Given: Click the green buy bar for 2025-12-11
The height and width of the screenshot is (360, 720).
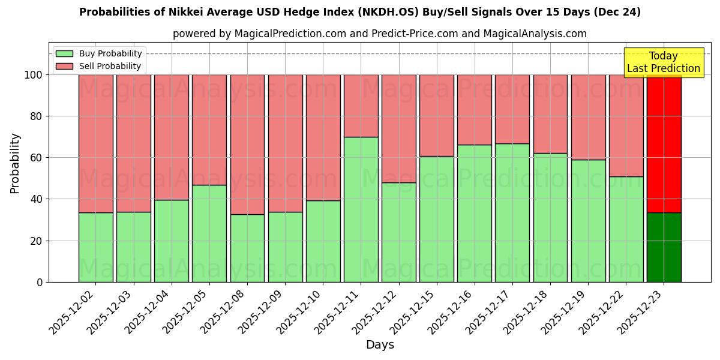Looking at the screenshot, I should [x=361, y=209].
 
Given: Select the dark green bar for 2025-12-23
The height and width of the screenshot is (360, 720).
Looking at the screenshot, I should [x=664, y=247].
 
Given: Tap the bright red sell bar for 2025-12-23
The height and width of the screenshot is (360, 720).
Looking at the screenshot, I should [x=664, y=143].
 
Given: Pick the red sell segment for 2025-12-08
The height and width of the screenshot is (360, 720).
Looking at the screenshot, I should [x=247, y=144].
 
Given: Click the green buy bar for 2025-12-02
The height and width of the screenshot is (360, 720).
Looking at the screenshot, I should [x=95, y=247].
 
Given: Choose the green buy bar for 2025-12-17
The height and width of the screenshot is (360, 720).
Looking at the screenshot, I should [x=512, y=212].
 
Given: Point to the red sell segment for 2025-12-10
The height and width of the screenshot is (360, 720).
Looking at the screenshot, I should [x=323, y=137].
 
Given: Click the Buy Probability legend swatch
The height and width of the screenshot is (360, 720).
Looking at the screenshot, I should [x=64, y=54].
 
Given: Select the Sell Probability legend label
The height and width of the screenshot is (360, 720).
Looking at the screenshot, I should [x=110, y=67].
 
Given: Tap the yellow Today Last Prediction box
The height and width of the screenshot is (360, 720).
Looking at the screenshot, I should [x=663, y=62].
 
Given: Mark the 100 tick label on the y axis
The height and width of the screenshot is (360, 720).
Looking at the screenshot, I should [x=34, y=75].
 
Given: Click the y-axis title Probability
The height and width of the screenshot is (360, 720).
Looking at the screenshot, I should [x=15, y=163].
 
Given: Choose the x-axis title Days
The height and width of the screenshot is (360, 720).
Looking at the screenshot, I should [x=380, y=345].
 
